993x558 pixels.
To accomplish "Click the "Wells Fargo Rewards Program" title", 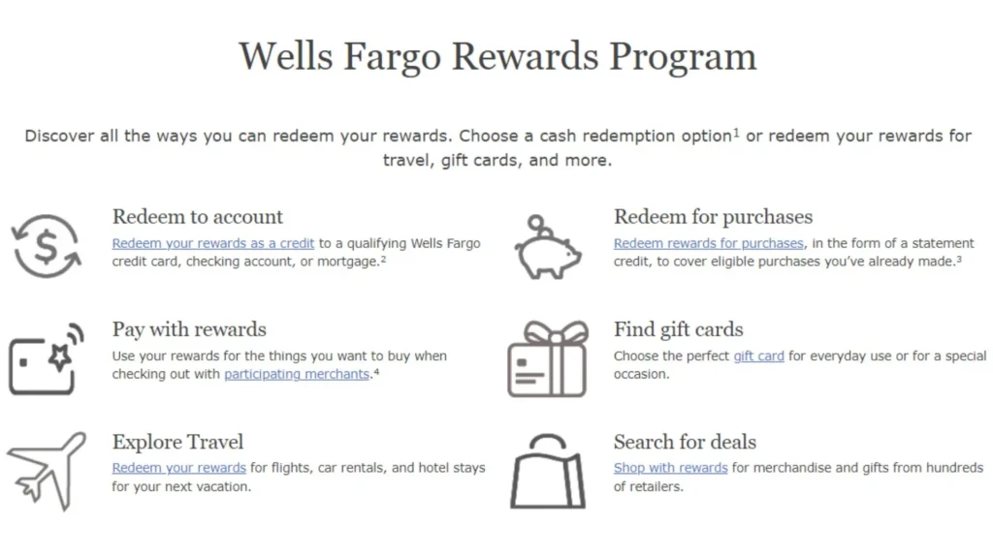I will pos(496,56).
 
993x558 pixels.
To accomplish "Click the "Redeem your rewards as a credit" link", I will pos(212,243).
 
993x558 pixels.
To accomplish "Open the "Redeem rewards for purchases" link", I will pos(708,243).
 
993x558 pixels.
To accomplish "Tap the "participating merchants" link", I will pos(297,374).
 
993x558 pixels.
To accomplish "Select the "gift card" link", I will pos(758,356).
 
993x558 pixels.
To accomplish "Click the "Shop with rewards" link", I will pos(670,468).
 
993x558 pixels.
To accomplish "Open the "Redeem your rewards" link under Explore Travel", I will pos(178,468).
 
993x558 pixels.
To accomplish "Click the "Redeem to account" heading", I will pos(198,217).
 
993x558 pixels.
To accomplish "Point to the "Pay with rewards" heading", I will pos(189,329).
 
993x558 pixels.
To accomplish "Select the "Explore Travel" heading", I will pos(177,442).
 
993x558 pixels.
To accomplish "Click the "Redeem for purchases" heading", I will pos(713,217).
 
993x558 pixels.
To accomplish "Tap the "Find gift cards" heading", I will pos(678,329).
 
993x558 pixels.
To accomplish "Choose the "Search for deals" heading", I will pos(685,442).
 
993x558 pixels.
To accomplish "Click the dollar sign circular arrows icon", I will pos(46,245).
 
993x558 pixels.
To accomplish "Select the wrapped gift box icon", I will pos(548,359).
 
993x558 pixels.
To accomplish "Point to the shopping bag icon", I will pos(548,472).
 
